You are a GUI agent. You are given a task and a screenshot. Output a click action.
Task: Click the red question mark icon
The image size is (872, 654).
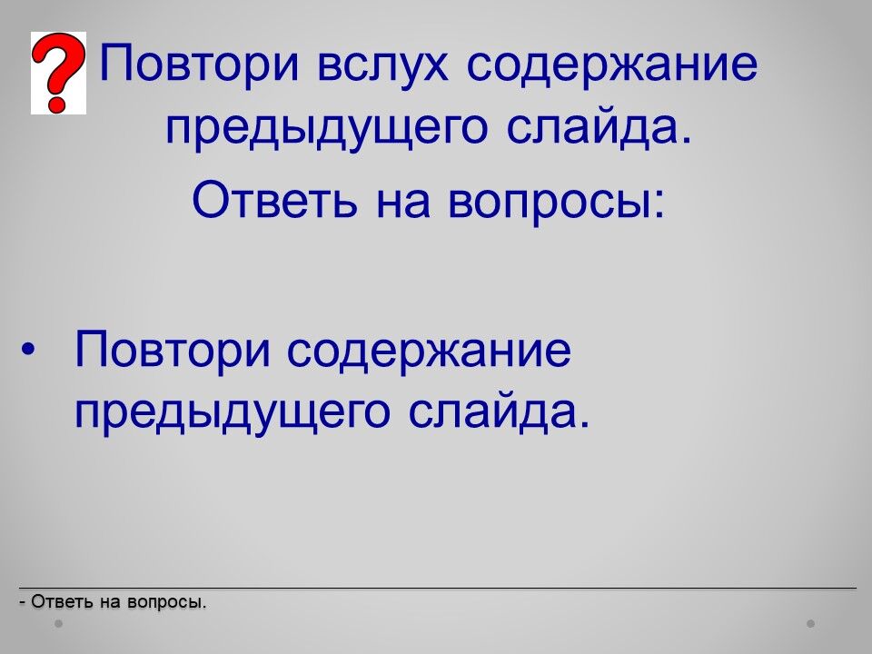pyautogui.click(x=58, y=73)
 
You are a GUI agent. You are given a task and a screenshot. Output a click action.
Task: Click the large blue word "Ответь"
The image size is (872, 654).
pyautogui.click(x=273, y=200)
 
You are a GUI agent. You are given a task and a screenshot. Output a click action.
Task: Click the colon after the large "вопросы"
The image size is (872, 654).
pyautogui.click(x=659, y=204)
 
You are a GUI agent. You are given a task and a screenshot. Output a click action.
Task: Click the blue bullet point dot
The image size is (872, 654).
pyautogui.click(x=28, y=350)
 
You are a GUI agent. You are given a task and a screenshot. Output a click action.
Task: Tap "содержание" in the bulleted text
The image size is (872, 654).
pyautogui.click(x=429, y=352)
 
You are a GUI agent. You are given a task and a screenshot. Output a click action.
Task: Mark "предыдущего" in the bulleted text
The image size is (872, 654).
pyautogui.click(x=233, y=414)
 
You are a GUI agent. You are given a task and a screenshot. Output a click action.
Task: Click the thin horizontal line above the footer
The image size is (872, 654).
pyautogui.click(x=438, y=588)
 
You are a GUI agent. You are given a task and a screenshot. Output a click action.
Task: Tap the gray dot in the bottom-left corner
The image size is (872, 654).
pyautogui.click(x=59, y=624)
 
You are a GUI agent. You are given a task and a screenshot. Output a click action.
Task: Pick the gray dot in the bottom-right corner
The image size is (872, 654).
pyautogui.click(x=810, y=624)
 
